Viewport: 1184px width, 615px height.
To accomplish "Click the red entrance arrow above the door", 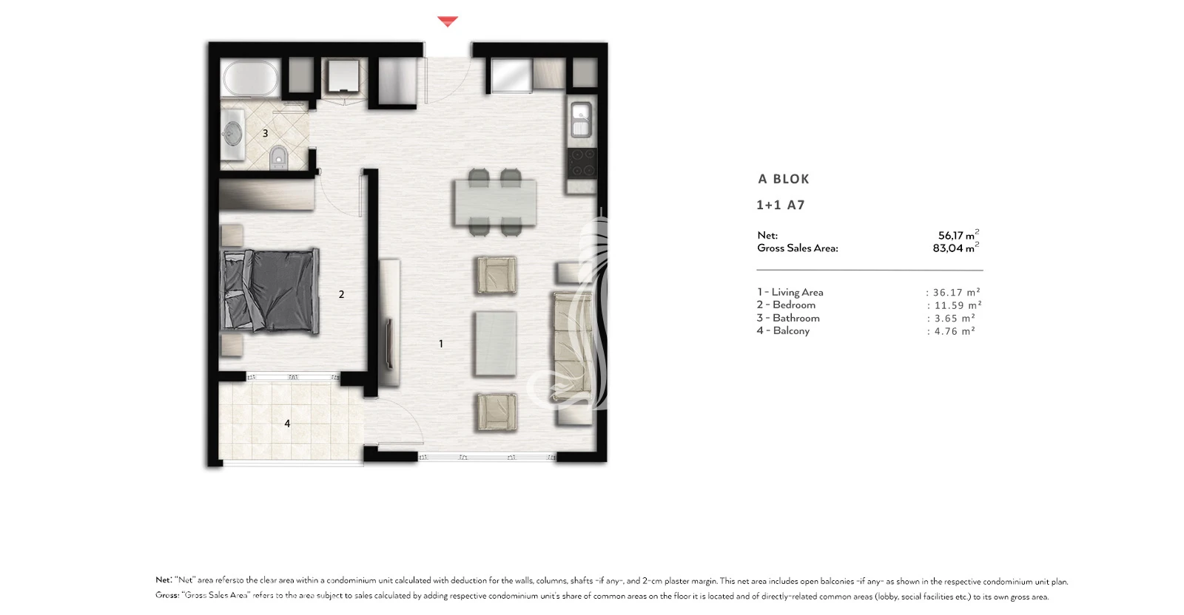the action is pyautogui.click(x=447, y=21).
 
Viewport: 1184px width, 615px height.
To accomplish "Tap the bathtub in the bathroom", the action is pyautogui.click(x=251, y=78).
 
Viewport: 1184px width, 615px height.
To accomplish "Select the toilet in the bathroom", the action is pyautogui.click(x=278, y=158).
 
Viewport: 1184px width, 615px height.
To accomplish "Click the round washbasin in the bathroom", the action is pyautogui.click(x=232, y=133).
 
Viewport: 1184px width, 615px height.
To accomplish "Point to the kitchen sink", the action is pyautogui.click(x=581, y=120).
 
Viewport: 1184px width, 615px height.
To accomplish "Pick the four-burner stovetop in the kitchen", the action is pyautogui.click(x=582, y=163).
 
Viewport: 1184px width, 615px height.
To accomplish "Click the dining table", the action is pyautogui.click(x=495, y=203).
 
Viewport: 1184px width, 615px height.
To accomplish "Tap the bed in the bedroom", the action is pyautogui.click(x=270, y=291).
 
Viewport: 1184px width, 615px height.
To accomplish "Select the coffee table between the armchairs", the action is pyautogui.click(x=495, y=343).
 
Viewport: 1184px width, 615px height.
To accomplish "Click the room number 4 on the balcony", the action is pyautogui.click(x=287, y=424).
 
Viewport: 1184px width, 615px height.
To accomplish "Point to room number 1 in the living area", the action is pyautogui.click(x=441, y=344).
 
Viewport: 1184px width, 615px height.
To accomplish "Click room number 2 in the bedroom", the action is pyautogui.click(x=341, y=295).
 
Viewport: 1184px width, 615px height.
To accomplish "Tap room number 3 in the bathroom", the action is pyautogui.click(x=266, y=134).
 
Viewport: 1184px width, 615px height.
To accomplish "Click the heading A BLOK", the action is pyautogui.click(x=784, y=179).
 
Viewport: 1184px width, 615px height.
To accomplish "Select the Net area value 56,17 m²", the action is pyautogui.click(x=958, y=235).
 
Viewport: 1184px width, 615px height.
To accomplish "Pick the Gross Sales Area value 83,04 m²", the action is pyautogui.click(x=955, y=248).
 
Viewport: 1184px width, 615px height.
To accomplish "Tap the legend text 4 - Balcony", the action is pyautogui.click(x=783, y=331).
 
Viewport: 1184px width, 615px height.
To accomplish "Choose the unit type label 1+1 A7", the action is pyautogui.click(x=780, y=205).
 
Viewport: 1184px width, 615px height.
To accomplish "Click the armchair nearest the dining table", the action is pyautogui.click(x=497, y=274).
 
